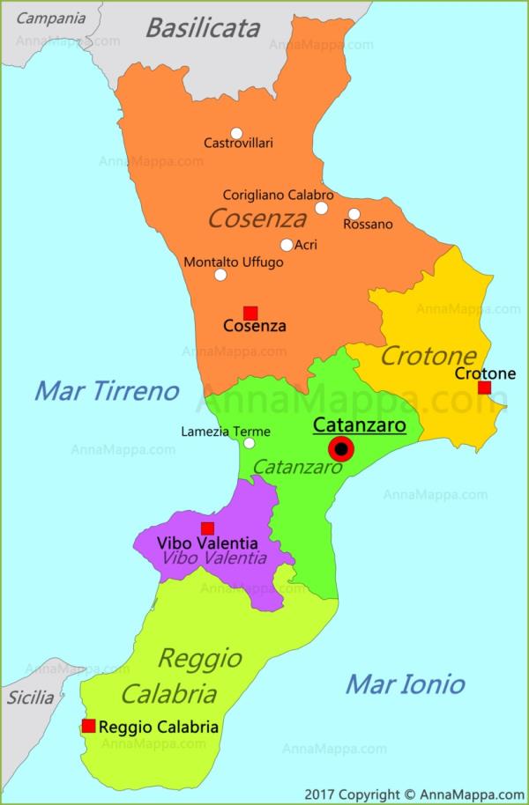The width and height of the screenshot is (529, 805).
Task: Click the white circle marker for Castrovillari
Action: (x=236, y=134)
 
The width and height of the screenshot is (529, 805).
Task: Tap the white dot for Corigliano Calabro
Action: (x=322, y=208)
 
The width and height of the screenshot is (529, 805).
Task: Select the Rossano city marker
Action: (x=354, y=214)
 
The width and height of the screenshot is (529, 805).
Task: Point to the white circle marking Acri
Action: (x=287, y=245)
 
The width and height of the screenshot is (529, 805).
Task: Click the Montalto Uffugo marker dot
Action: (x=220, y=274)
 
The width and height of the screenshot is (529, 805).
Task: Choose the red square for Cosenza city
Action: (x=250, y=312)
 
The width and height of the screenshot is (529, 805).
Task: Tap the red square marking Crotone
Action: (x=484, y=388)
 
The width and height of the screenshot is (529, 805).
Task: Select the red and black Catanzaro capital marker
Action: (x=340, y=450)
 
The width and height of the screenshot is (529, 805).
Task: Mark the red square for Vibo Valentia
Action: (x=207, y=528)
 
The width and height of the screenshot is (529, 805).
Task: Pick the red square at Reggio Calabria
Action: (x=88, y=726)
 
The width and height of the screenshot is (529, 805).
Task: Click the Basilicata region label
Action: (x=203, y=28)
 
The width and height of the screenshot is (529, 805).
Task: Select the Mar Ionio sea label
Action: (x=405, y=683)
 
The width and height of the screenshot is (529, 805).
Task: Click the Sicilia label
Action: (x=31, y=698)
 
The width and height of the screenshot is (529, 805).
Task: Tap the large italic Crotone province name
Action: (x=428, y=356)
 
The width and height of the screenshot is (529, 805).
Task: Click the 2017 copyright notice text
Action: (x=414, y=793)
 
